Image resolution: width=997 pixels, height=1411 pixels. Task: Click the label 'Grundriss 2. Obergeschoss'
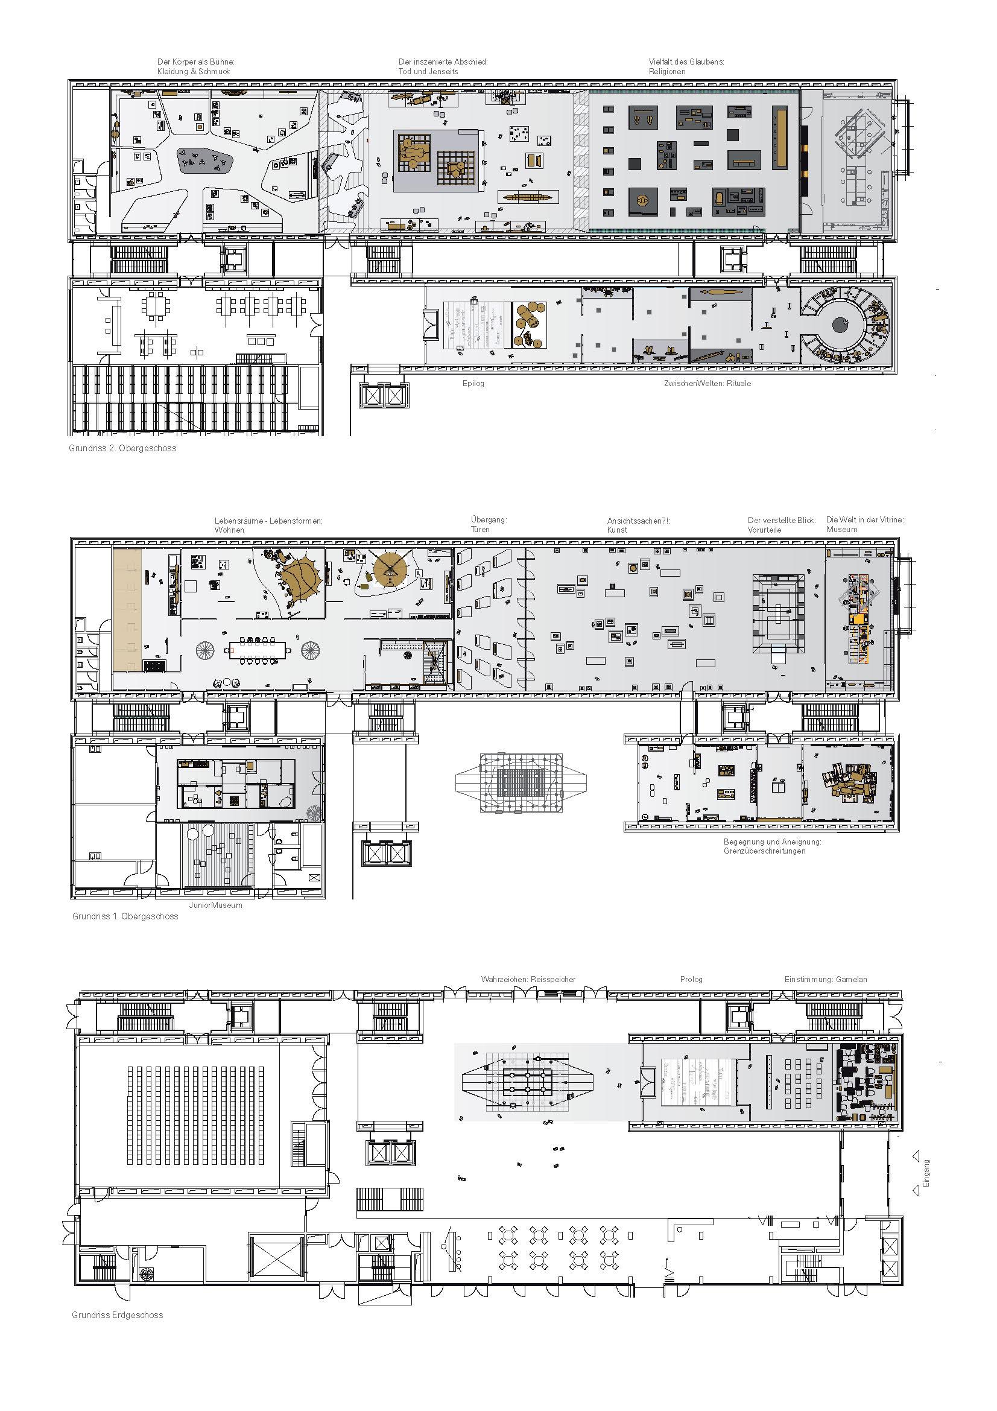coord(123,449)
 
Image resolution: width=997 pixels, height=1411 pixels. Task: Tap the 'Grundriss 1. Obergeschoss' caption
coord(125,916)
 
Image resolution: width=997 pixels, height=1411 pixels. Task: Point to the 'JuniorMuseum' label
coord(215,905)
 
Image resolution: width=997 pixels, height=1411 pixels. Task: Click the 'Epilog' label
coord(473,384)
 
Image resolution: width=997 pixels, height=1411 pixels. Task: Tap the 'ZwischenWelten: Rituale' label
coord(706,384)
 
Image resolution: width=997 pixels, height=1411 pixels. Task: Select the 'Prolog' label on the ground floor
coord(691,980)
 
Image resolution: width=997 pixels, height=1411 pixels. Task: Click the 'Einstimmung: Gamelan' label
coord(826,980)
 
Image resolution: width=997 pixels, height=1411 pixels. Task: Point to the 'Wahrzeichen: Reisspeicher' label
coord(528,980)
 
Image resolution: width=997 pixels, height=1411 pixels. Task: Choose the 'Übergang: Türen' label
coord(489,525)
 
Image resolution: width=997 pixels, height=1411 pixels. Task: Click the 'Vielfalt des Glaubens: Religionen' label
coord(686,66)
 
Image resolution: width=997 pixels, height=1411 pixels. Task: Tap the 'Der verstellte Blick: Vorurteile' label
coord(782,525)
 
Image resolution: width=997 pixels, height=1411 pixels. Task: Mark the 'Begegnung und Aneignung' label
coord(772,842)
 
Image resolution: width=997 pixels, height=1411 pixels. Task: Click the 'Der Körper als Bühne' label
coord(196,62)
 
